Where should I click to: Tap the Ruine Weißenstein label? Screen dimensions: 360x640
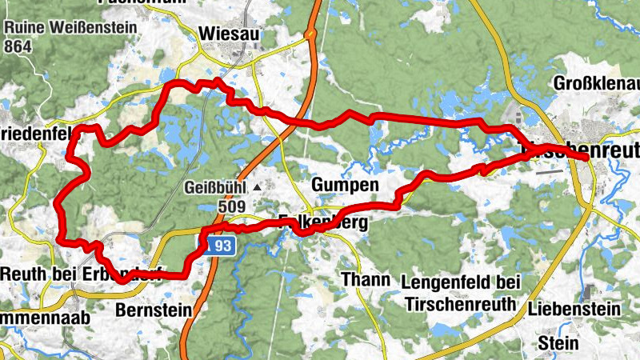click(x=70, y=27)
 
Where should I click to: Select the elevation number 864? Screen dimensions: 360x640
click(x=18, y=46)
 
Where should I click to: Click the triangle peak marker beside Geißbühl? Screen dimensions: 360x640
click(x=258, y=188)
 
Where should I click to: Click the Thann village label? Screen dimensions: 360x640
click(x=366, y=280)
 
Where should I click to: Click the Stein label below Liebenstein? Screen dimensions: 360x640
click(x=558, y=342)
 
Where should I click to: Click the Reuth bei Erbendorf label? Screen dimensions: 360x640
click(x=73, y=273)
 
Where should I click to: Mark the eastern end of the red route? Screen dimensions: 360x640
click(x=588, y=159)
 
